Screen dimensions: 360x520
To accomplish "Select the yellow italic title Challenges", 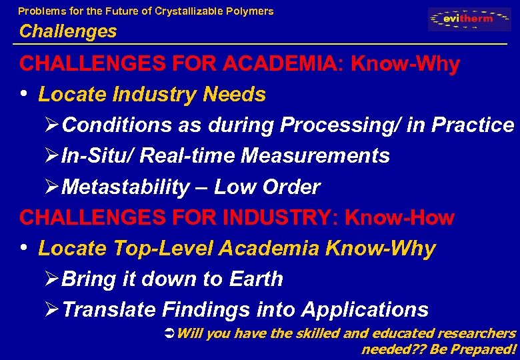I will (68, 31).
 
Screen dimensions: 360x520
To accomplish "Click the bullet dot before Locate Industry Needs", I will (25, 95).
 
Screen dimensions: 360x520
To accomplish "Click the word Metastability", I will (125, 187).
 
